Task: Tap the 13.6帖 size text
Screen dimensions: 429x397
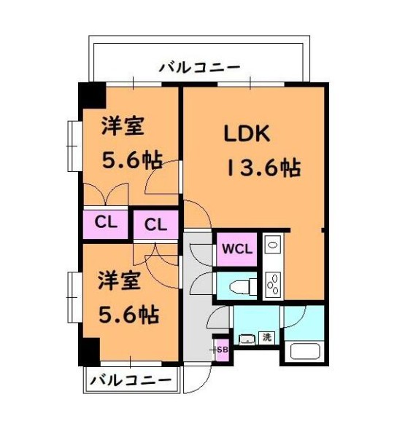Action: click(265, 168)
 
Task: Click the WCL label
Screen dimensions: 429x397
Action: click(236, 248)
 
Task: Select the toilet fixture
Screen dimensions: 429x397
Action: click(238, 286)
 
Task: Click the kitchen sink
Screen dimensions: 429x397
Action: click(272, 245)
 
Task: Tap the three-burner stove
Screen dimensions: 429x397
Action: click(273, 283)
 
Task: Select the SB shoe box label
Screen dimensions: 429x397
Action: click(223, 350)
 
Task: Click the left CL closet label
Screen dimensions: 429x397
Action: click(104, 222)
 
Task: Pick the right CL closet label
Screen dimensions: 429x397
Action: click(155, 224)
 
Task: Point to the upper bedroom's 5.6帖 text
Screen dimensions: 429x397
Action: click(131, 160)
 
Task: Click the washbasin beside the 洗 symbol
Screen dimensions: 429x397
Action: click(246, 339)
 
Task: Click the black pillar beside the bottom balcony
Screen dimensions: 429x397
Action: click(89, 352)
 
